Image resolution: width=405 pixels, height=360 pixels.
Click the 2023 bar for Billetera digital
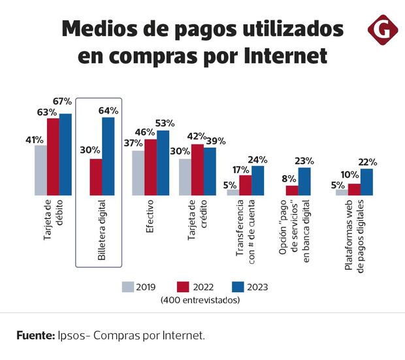(x=108, y=156)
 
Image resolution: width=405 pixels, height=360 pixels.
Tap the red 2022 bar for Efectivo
(x=150, y=167)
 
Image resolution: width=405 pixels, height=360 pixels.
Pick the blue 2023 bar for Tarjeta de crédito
(x=210, y=171)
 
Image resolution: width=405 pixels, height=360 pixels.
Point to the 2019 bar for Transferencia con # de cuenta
(x=233, y=192)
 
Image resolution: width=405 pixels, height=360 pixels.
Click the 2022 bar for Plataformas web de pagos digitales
(x=354, y=189)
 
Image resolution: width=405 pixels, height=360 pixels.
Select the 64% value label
(x=108, y=110)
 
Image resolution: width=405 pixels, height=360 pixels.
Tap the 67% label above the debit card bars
(x=63, y=101)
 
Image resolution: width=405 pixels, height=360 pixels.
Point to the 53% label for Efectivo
(x=164, y=123)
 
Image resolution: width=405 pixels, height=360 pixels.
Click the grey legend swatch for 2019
(x=128, y=286)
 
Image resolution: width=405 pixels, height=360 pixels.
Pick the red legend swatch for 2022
(x=183, y=286)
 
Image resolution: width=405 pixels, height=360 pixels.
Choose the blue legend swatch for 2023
(x=237, y=286)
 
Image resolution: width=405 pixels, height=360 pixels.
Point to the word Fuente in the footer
(x=35, y=335)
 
